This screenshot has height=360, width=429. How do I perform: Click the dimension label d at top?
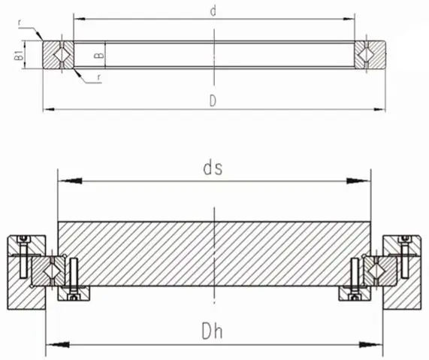213,11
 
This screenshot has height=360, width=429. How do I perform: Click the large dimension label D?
213,101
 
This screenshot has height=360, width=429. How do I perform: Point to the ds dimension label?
213,168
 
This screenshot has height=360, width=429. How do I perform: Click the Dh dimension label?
212,331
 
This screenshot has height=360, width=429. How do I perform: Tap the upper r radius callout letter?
20,23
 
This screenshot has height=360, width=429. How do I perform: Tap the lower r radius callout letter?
99,77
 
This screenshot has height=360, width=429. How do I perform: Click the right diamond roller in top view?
367,55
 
